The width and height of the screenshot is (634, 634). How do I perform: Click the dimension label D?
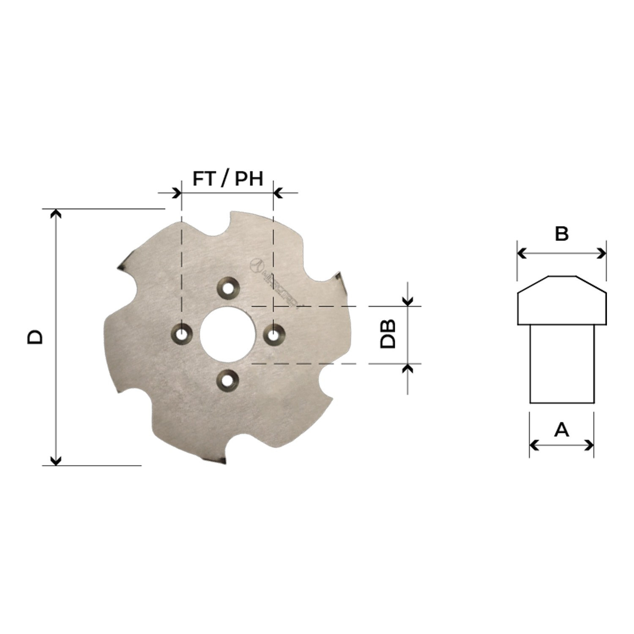click(35, 336)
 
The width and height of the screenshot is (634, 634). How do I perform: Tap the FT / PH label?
click(228, 178)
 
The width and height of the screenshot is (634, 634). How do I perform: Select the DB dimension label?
click(388, 334)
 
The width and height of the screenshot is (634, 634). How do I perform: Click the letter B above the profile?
click(562, 234)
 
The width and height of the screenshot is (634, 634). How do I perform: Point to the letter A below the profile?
click(561, 430)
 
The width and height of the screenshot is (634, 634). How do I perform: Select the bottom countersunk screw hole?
click(227, 380)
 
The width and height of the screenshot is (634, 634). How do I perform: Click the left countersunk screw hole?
click(182, 334)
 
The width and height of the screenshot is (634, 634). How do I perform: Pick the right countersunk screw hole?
click(274, 334)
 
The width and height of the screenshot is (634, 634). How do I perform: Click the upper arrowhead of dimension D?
click(56, 213)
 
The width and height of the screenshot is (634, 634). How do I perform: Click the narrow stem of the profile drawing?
click(562, 363)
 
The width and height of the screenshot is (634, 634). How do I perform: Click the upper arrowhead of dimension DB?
click(407, 301)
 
